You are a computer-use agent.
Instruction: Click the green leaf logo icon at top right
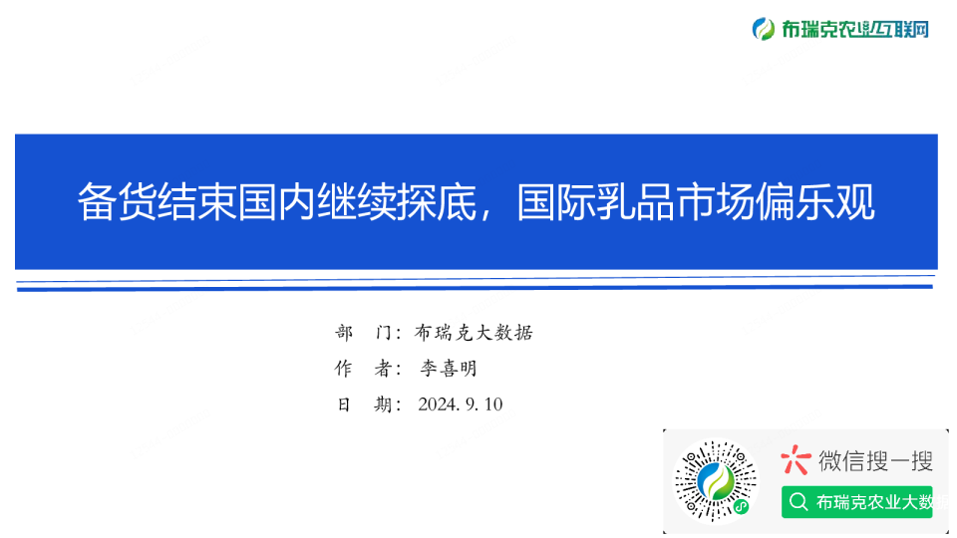[764, 29]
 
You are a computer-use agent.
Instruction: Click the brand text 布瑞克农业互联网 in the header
[854, 29]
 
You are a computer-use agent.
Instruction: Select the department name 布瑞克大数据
[474, 333]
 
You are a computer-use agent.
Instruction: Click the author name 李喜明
[448, 369]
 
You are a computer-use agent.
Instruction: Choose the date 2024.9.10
[461, 404]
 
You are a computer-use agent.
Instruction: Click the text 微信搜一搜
[875, 460]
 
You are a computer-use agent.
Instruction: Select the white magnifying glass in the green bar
[797, 502]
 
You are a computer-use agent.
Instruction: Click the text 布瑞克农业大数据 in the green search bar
[875, 502]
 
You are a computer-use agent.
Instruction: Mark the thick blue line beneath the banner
[475, 287]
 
